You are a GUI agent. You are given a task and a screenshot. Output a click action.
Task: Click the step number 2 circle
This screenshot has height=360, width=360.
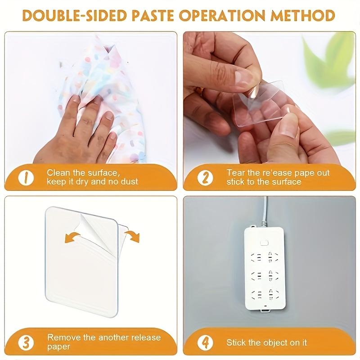coord(205,177)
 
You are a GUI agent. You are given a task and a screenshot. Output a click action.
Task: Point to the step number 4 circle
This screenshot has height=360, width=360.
coord(205,342)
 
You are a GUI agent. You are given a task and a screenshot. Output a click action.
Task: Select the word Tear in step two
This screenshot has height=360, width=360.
coord(234,173)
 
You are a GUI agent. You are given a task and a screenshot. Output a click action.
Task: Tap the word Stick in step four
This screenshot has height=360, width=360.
coord(236,342)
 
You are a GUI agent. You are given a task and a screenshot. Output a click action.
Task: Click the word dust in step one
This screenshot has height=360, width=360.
coord(129,182)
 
